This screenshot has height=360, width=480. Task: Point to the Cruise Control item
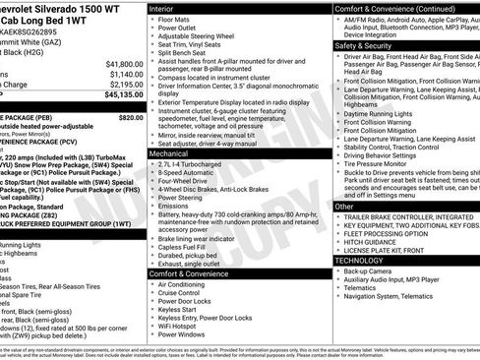186,293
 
